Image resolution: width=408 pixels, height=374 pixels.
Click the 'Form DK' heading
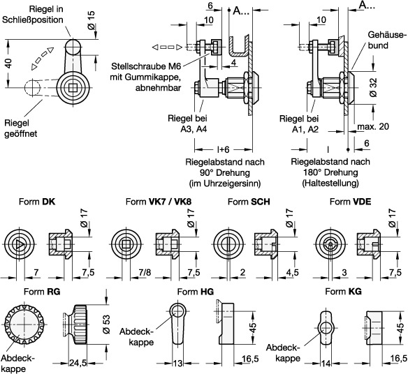(37, 202)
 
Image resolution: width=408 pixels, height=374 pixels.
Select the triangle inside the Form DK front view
(20, 245)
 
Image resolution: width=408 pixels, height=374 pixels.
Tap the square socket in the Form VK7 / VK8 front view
(126, 245)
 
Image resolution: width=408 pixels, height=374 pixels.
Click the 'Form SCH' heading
(249, 202)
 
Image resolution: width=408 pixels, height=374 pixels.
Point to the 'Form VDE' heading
(350, 202)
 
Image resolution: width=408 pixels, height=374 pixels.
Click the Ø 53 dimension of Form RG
(106, 324)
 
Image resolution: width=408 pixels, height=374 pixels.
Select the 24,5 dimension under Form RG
(78, 363)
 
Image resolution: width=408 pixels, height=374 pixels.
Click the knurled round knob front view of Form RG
(24, 324)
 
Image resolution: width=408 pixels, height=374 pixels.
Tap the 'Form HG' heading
(195, 292)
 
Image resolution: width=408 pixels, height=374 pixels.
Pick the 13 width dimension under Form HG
(177, 363)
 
